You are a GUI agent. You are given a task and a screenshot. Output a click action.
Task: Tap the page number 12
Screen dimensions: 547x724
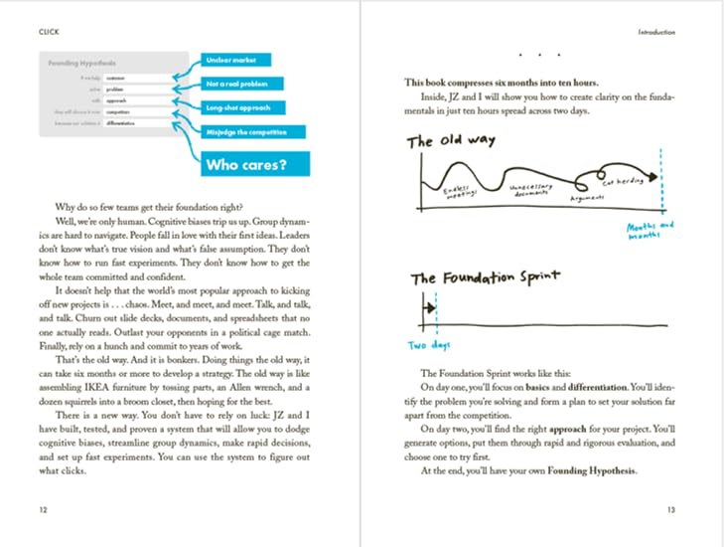click(42, 508)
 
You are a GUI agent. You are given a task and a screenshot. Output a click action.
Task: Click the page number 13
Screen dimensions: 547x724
click(670, 508)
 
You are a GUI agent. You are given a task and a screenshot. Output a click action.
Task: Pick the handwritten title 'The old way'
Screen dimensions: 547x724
click(447, 141)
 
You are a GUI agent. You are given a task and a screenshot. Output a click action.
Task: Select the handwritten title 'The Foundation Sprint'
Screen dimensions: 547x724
click(484, 279)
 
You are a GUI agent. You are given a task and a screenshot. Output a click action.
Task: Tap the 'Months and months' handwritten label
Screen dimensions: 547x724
click(649, 231)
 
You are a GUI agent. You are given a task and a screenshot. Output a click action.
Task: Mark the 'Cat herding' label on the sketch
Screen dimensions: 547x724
click(621, 182)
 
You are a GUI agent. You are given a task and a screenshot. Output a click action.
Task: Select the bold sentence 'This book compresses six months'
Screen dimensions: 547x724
click(501, 85)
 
